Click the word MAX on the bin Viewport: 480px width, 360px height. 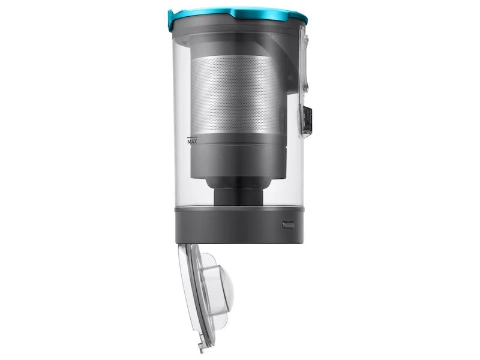(x=192, y=142)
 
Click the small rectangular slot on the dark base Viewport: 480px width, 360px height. (x=288, y=226)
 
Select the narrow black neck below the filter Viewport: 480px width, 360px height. (x=239, y=197)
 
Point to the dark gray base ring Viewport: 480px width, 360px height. (x=239, y=227)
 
